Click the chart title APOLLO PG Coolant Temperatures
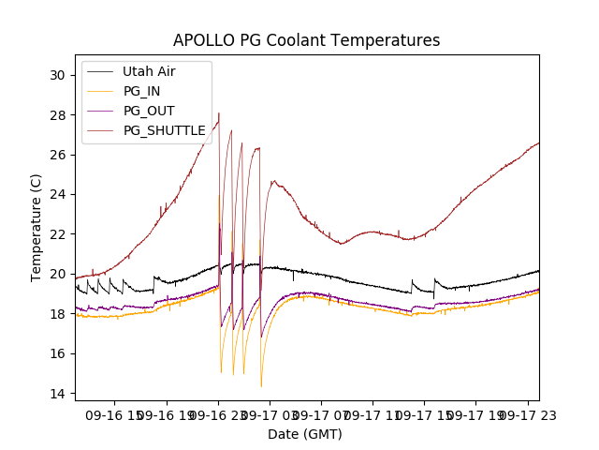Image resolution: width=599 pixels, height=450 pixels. tap(306, 41)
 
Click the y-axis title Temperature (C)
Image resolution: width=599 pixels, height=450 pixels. tap(37, 227)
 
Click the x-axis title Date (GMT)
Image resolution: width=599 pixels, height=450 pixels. tap(305, 434)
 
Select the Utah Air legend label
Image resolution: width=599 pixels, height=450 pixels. tap(149, 71)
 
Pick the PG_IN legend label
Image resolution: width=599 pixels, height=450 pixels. tap(141, 91)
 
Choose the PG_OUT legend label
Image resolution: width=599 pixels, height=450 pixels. tap(149, 111)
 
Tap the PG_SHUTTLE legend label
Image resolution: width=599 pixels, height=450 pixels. tap(164, 130)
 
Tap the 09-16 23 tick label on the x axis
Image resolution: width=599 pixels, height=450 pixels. tap(219, 414)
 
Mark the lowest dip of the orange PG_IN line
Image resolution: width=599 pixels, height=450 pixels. tap(261, 386)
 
